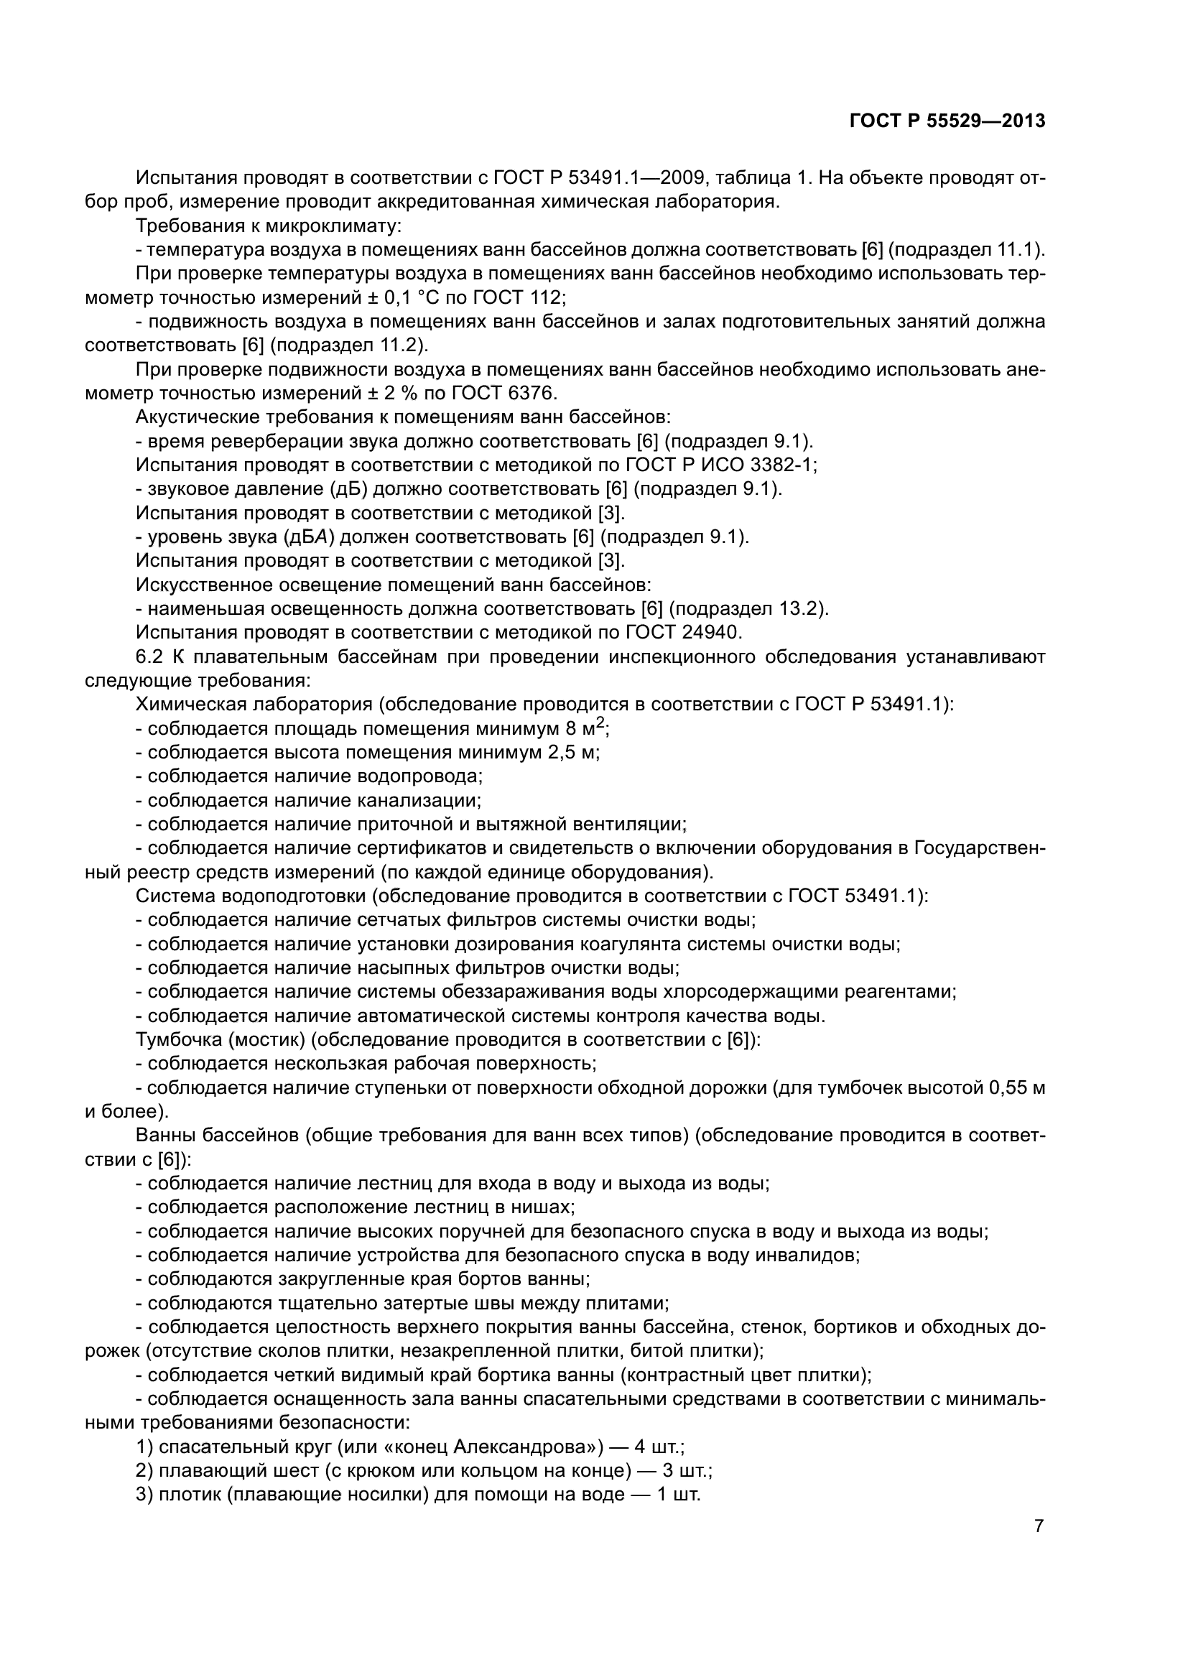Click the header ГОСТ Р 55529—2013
click(947, 121)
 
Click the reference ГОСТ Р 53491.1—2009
click(599, 178)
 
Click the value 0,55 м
click(1016, 1088)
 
